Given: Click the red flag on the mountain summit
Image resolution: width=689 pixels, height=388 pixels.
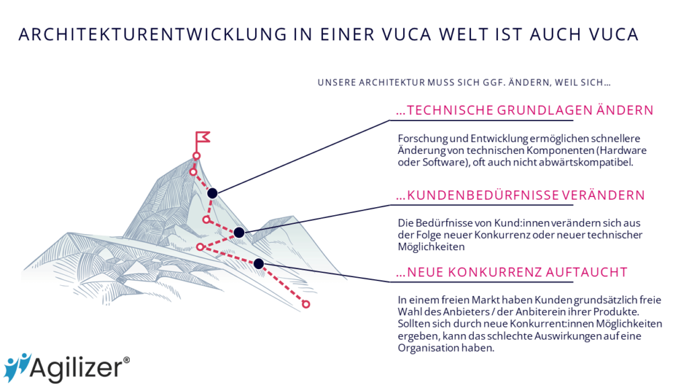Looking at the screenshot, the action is (203, 137).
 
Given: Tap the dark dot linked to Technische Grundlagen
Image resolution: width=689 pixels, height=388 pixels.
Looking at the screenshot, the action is (212, 193).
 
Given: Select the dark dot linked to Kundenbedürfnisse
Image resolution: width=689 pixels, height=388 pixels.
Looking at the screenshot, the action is (239, 232).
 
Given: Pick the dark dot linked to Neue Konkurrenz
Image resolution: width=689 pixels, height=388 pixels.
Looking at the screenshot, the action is (259, 264).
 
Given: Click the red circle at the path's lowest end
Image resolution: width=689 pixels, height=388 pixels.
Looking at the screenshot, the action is (306, 304).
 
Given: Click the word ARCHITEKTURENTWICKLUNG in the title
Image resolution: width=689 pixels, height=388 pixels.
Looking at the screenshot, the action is (153, 34).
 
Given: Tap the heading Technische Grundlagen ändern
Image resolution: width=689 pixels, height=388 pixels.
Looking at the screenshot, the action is (525, 110).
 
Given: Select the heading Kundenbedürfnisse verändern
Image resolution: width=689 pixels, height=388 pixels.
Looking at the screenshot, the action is (520, 195).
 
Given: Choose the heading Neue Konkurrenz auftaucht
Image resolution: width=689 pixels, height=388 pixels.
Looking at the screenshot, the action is (511, 272).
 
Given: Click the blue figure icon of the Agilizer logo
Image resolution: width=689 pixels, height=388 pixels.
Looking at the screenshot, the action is (16, 367).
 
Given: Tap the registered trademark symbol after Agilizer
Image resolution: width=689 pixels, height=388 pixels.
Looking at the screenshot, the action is (126, 360).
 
